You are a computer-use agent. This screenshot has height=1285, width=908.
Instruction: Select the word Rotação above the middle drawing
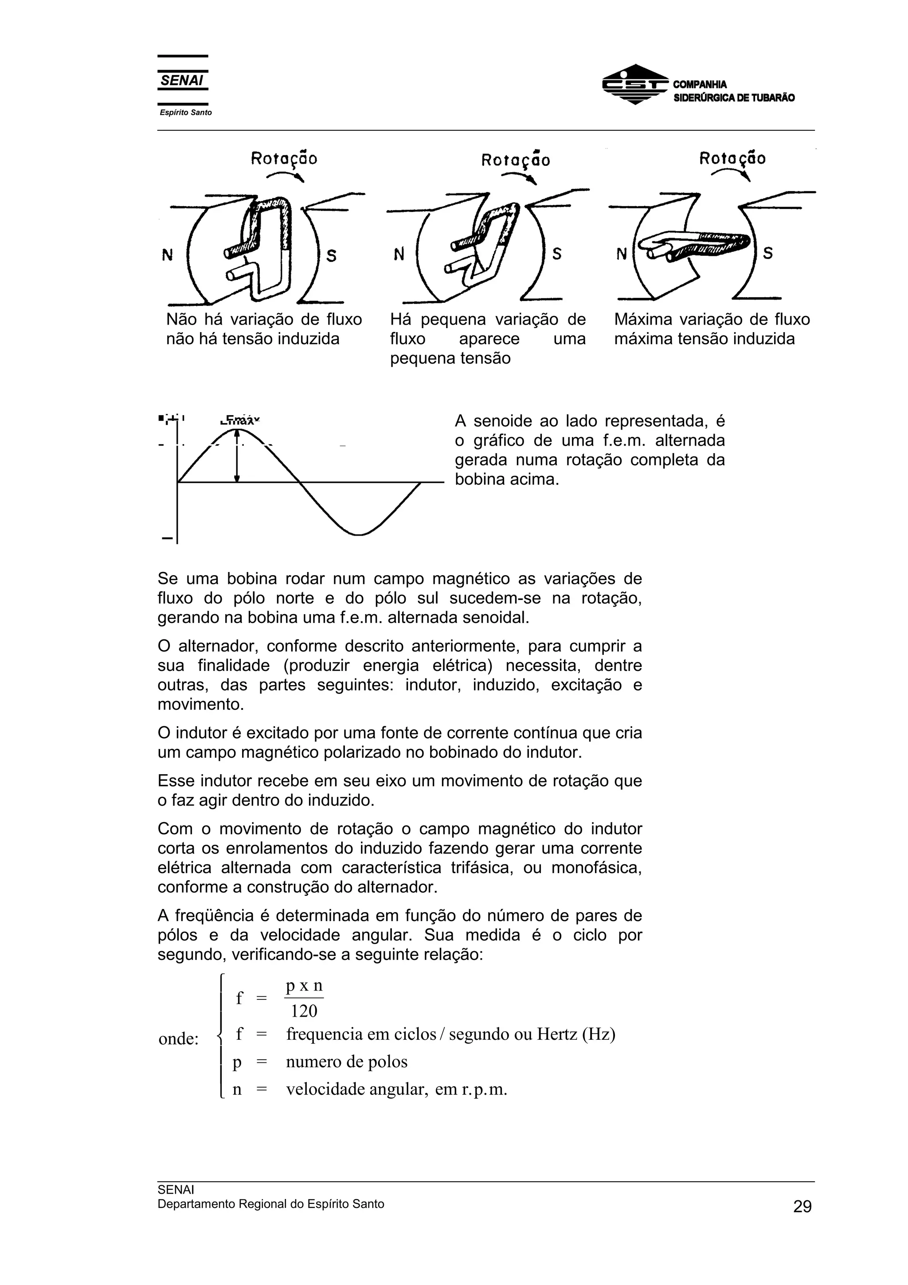(515, 161)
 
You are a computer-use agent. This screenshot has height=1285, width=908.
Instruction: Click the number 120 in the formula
(304, 1011)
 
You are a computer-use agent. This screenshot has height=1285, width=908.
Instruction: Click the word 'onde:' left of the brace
(179, 1039)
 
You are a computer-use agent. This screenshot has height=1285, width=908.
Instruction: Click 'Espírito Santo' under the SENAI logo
(186, 113)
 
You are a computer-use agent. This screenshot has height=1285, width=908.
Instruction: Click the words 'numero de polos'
(346, 1062)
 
